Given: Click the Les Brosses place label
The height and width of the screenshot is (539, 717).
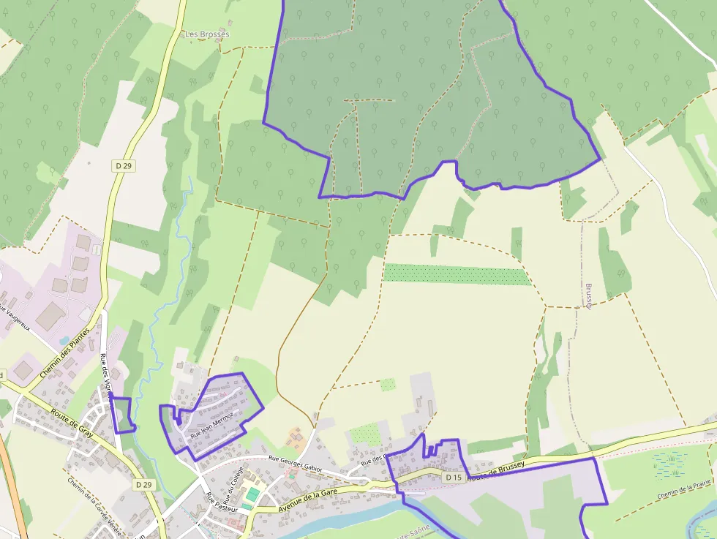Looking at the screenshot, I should click(x=207, y=34).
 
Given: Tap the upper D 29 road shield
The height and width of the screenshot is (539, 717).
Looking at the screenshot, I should click(x=124, y=166).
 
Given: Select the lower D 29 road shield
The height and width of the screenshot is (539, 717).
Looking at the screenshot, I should click(x=143, y=484).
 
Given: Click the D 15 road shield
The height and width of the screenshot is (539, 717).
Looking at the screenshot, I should click(x=454, y=478).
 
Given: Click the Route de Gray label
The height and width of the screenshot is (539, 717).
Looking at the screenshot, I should click(x=71, y=423).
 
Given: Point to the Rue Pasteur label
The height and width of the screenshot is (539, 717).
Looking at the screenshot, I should click(x=218, y=509).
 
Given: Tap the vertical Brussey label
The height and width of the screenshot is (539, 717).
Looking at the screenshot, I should click(x=589, y=295).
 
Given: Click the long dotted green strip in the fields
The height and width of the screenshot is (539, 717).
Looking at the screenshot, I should click(x=457, y=274).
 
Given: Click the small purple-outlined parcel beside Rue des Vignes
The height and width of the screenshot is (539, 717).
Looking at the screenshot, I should click(x=123, y=415).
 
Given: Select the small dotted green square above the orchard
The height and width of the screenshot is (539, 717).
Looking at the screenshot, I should click(x=388, y=385).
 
